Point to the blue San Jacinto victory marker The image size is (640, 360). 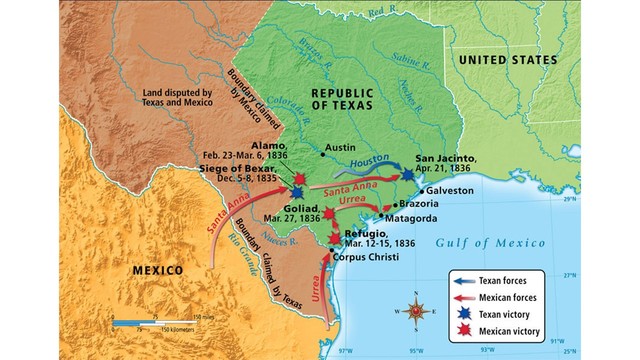pyautogui.click(x=407, y=174)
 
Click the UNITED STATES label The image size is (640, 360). pyautogui.click(x=513, y=61)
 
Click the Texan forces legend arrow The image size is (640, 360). pyautogui.click(x=466, y=281)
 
